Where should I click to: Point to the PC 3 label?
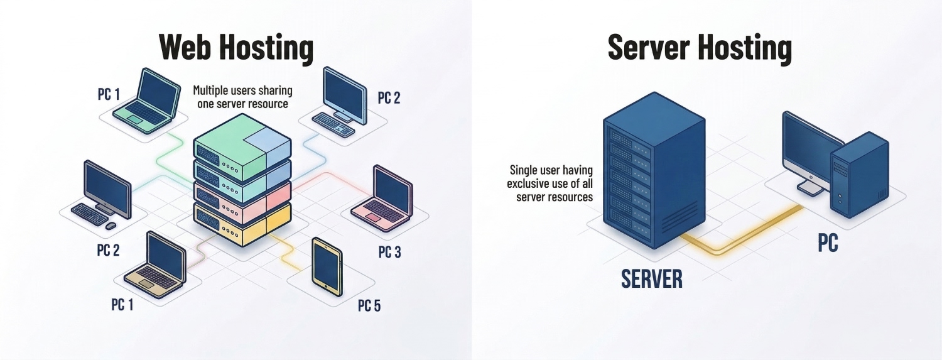389,252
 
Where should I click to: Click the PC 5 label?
369,306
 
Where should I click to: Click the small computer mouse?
111,226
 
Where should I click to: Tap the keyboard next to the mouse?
90,214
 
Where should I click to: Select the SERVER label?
651,278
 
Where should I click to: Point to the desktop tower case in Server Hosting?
858,175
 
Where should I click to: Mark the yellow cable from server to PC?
741,242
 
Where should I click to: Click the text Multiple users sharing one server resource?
242,97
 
